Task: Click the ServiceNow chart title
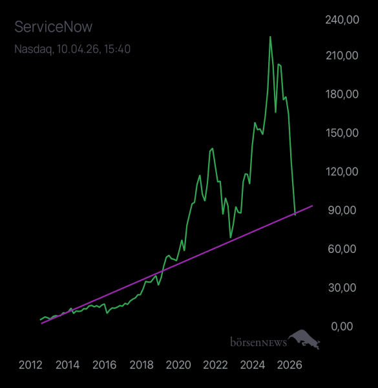[x=53, y=27]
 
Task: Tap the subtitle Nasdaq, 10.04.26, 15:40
[x=72, y=48]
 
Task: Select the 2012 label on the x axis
[x=30, y=365]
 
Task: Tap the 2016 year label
[x=105, y=365]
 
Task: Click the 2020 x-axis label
[x=178, y=365]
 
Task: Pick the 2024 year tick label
[x=253, y=365]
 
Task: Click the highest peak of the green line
[x=270, y=37]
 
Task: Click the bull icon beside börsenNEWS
[x=305, y=339]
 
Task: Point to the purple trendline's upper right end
[x=313, y=206]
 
